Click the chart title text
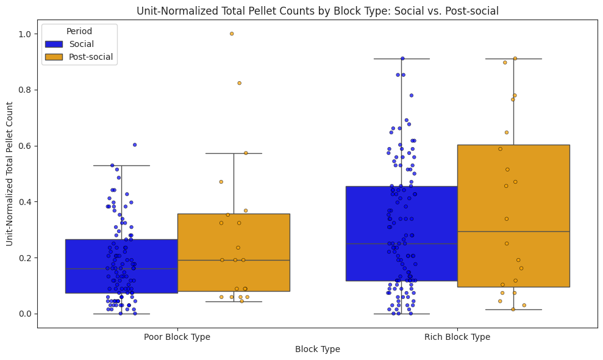[x=317, y=10]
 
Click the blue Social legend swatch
[x=54, y=44]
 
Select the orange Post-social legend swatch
[x=54, y=57]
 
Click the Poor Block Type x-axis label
[x=177, y=336]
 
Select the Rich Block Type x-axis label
[x=457, y=336]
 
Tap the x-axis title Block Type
[x=317, y=349]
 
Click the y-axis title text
[x=10, y=173]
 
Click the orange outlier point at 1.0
[x=232, y=34]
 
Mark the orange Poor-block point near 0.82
[x=239, y=83]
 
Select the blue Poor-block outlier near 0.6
[x=135, y=145]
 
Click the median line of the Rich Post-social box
[x=513, y=231]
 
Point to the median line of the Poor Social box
[x=121, y=268]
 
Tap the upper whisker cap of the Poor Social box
[x=121, y=165]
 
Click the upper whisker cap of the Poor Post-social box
[x=234, y=153]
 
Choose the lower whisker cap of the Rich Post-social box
[x=513, y=309]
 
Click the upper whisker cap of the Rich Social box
[x=401, y=59]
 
